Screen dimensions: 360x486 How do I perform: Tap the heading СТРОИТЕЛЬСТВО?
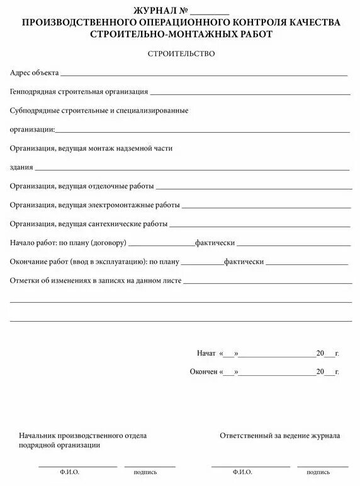pyautogui.click(x=181, y=54)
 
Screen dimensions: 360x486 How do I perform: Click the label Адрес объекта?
pyautogui.click(x=34, y=73)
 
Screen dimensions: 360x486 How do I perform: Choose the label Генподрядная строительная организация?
pyautogui.click(x=79, y=92)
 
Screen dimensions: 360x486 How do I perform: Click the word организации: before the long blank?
pyautogui.click(x=32, y=130)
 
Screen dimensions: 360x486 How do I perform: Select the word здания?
pyautogui.click(x=21, y=167)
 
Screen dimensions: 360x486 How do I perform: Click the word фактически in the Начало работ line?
pyautogui.click(x=215, y=243)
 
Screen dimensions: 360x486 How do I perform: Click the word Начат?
pyautogui.click(x=206, y=353)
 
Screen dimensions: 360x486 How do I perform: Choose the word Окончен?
pyautogui.click(x=203, y=372)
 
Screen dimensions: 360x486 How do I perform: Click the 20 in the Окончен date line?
pyautogui.click(x=320, y=372)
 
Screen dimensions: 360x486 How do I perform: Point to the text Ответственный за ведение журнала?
pyautogui.click(x=280, y=436)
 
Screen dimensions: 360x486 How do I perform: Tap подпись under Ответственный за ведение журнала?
pyautogui.click(x=318, y=472)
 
